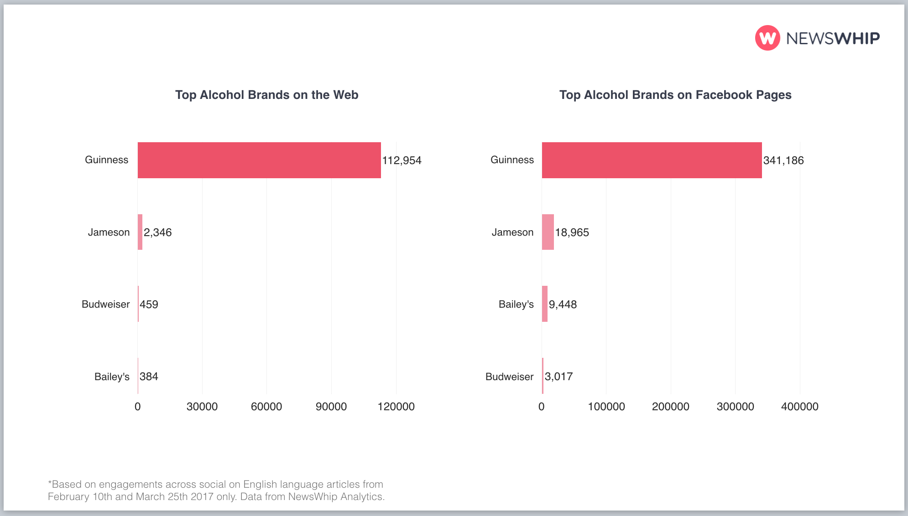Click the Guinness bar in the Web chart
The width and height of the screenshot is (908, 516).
point(259,160)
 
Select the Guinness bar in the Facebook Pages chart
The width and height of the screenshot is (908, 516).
point(652,160)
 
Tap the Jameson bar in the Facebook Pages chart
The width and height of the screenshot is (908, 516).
point(548,232)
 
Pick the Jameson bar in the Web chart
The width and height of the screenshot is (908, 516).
point(140,232)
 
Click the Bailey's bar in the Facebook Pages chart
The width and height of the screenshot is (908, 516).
point(545,304)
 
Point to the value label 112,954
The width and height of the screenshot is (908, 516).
point(402,160)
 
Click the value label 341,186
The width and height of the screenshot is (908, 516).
point(783,160)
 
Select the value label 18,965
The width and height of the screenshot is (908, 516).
point(572,232)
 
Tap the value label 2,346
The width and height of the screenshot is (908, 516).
point(157,232)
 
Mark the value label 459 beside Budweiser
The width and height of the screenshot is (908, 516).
point(149,304)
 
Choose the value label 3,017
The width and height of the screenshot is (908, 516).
point(558,377)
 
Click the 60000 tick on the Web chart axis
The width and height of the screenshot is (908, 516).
point(266,407)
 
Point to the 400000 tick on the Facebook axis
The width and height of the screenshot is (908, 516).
point(799,407)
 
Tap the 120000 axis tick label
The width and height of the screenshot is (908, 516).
point(396,407)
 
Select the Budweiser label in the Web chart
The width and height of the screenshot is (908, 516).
point(105,304)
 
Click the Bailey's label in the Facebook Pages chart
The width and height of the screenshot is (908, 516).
point(516,304)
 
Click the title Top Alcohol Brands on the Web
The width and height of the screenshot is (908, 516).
point(266,95)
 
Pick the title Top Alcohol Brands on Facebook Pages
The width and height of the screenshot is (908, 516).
point(675,95)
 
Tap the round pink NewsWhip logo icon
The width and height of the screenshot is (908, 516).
point(767,38)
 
